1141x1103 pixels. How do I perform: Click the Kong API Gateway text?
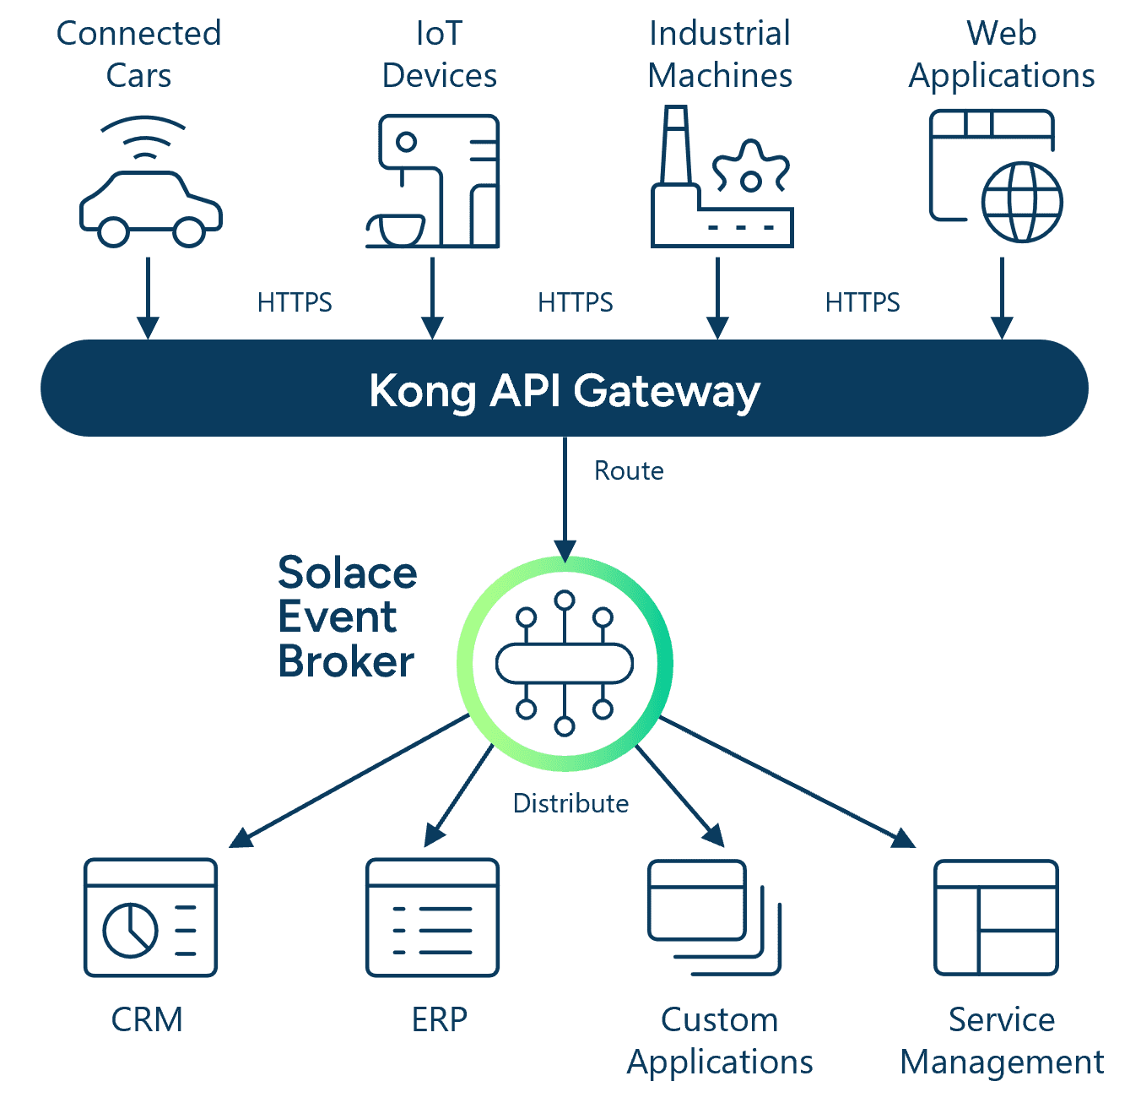564,391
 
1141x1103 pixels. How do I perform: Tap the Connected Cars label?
139,54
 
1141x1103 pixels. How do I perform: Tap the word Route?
629,470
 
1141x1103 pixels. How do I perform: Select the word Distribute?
570,803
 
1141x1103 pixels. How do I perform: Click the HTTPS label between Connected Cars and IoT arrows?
295,302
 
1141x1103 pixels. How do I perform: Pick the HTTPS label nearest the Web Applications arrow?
862,302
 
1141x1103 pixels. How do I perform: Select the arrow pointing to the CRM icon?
349,781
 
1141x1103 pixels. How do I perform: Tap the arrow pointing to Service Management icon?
787,782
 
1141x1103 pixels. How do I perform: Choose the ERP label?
439,1019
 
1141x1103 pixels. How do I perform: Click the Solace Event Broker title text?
347,617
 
